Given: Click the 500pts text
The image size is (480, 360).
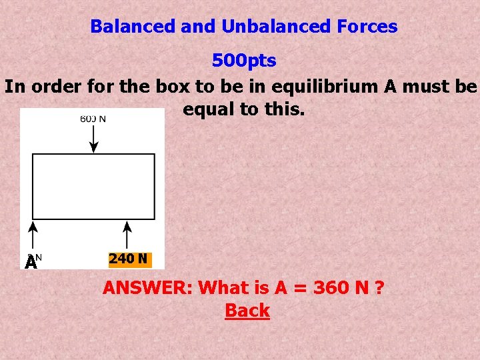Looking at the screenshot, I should coord(244,61).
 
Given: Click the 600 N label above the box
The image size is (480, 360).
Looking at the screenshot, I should coord(93,119).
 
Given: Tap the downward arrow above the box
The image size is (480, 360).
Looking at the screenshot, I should coord(94,139).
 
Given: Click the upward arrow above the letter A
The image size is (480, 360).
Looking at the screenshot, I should coord(34,237).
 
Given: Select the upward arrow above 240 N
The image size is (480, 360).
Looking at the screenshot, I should coord(127,237).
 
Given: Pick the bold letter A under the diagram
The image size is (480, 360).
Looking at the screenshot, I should coord(30,263).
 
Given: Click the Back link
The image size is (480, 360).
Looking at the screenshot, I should coord(247,311).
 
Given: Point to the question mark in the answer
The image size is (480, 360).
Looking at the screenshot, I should coord(380,289).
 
